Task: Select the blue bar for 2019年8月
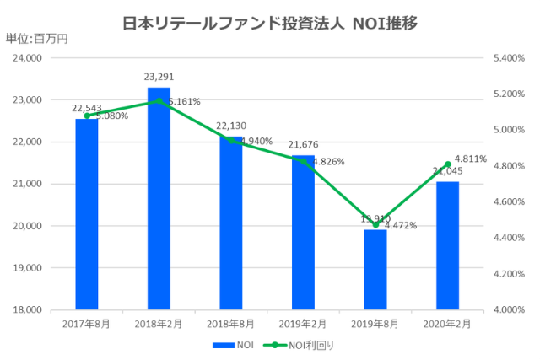click(x=375, y=269)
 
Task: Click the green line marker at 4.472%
click(x=375, y=224)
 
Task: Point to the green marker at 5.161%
click(x=159, y=101)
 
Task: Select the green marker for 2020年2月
click(x=447, y=164)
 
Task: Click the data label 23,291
click(x=159, y=78)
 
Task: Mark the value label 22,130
click(x=231, y=126)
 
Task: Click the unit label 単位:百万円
click(x=35, y=38)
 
